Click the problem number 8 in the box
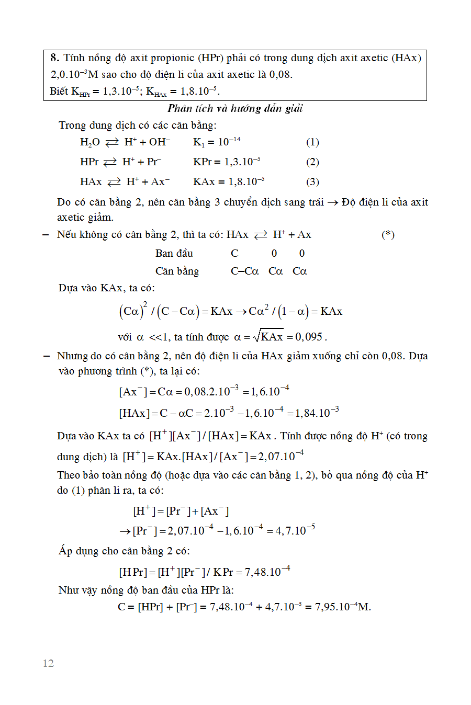tap(54, 58)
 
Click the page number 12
tap(48, 663)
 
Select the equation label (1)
tap(312, 142)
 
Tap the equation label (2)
tap(312, 162)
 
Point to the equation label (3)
tap(312, 182)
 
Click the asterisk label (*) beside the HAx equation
tap(388, 235)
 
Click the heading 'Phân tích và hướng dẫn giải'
tap(235, 108)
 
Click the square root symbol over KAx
tap(256, 336)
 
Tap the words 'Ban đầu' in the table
tap(174, 254)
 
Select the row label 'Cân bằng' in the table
tap(177, 271)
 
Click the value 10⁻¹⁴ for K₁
tap(229, 142)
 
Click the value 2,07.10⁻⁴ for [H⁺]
tap(281, 456)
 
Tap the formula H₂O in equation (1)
tap(89, 142)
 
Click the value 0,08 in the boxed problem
tap(280, 75)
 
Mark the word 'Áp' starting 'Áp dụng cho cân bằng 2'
tap(65, 551)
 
